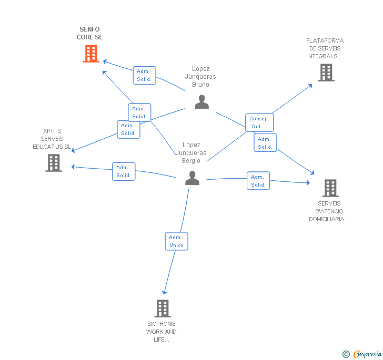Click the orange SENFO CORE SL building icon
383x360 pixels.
pyautogui.click(x=91, y=53)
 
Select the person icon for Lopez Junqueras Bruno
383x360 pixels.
pyautogui.click(x=201, y=101)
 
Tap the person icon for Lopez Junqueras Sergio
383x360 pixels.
pyautogui.click(x=192, y=178)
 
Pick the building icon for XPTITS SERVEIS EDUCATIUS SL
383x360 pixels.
pyautogui.click(x=54, y=163)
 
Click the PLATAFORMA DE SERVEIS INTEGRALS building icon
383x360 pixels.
pyautogui.click(x=326, y=73)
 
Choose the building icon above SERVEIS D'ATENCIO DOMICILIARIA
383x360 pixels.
pyautogui.click(x=330, y=188)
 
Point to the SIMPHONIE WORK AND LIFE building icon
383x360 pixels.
pyautogui.click(x=163, y=308)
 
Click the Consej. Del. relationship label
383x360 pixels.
pyautogui.click(x=259, y=122)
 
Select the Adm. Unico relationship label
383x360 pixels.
pyautogui.click(x=176, y=241)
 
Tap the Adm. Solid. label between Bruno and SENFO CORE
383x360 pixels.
pyautogui.click(x=144, y=75)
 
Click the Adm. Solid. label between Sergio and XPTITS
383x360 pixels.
pyautogui.click(x=124, y=171)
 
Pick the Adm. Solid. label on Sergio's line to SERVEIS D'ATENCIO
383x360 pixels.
pyautogui.click(x=258, y=181)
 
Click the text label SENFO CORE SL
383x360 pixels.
pyautogui.click(x=89, y=33)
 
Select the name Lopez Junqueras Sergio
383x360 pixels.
pyautogui.click(x=191, y=153)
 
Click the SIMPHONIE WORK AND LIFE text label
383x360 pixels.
pyautogui.click(x=162, y=332)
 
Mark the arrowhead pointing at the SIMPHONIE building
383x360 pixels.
pyautogui.click(x=164, y=292)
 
